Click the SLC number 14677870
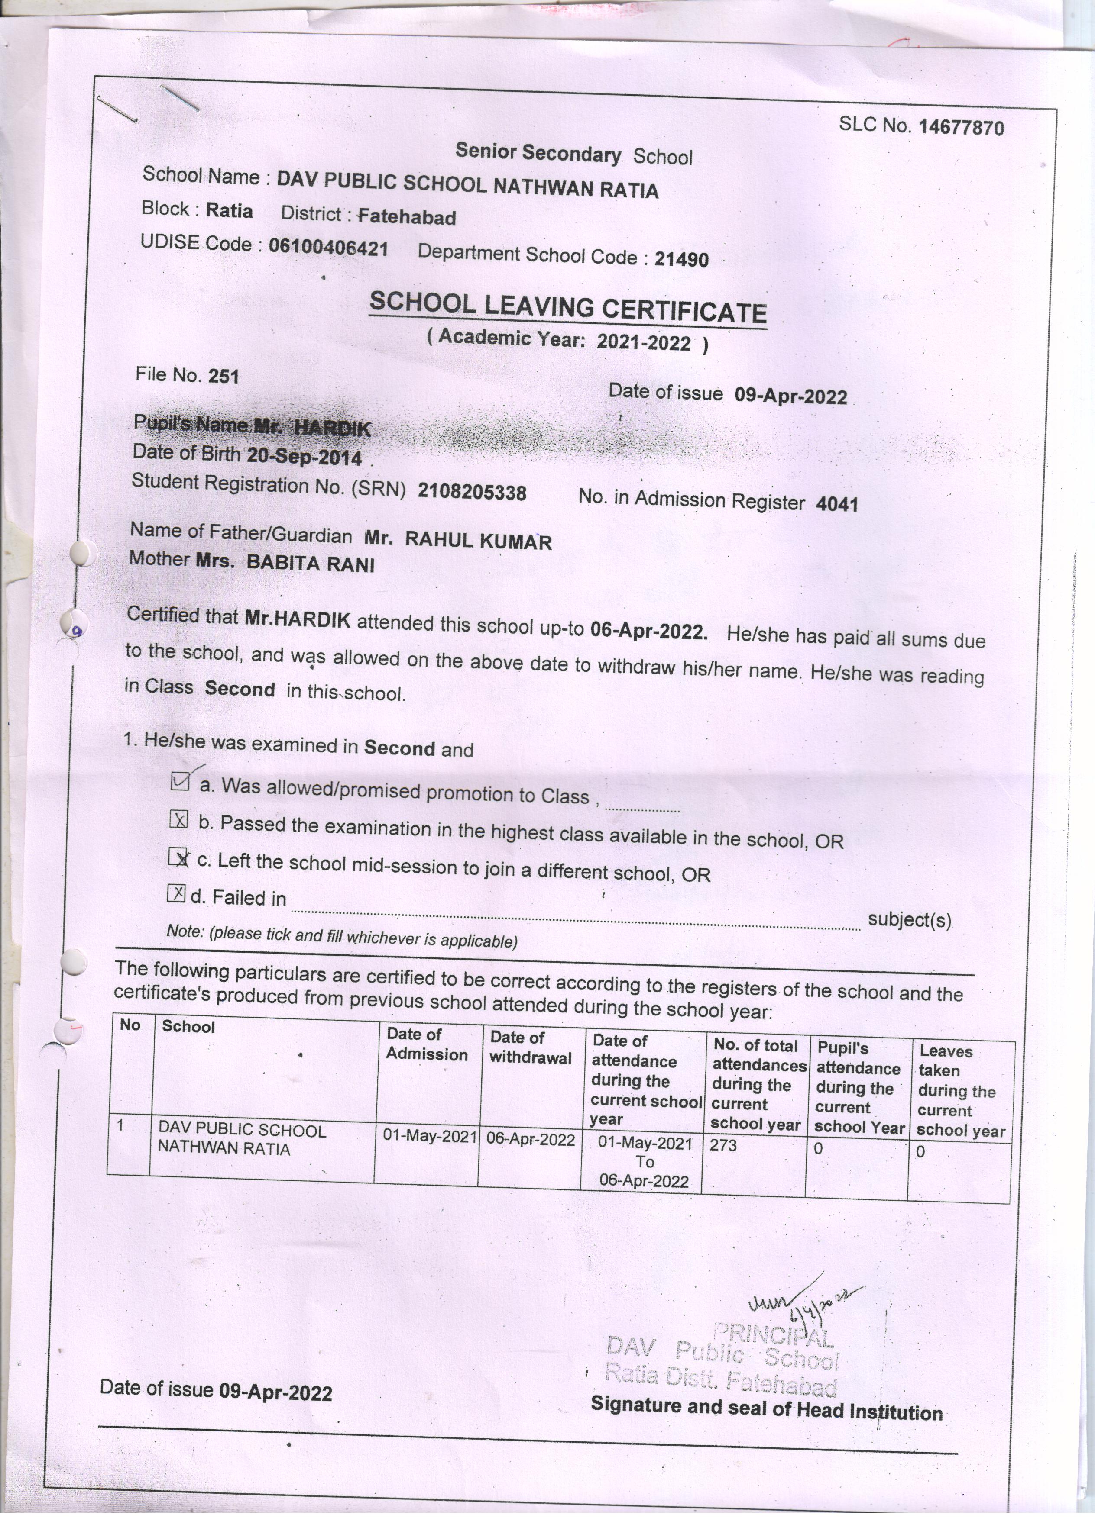[x=961, y=127]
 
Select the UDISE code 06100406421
[x=328, y=248]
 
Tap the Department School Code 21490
[x=681, y=259]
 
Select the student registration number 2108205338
[x=472, y=492]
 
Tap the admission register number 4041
[x=836, y=504]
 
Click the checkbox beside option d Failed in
[x=175, y=893]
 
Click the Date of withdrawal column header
[x=531, y=1047]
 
